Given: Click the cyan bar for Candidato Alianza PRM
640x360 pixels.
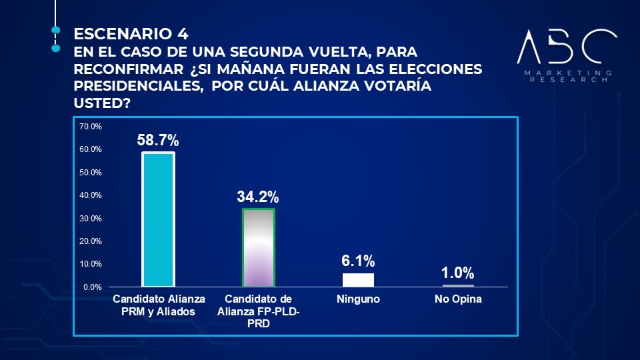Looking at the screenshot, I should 158,220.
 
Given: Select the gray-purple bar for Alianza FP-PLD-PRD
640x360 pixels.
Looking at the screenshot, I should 258,248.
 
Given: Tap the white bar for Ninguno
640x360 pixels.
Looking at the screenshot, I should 358,280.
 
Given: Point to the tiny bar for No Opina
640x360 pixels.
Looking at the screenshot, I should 458,285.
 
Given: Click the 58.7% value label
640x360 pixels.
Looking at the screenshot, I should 158,141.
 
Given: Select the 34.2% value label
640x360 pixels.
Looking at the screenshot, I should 258,197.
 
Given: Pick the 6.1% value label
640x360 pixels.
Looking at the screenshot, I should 358,261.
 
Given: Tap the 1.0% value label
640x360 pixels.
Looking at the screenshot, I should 458,273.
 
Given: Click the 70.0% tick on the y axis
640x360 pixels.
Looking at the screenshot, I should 91,127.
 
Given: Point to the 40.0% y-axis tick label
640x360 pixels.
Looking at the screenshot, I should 91,195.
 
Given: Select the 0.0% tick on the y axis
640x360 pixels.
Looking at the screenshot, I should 93,287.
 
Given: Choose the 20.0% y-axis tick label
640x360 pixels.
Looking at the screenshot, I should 91,241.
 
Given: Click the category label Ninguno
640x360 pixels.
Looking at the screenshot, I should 358,299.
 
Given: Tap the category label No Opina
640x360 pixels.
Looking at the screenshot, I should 458,299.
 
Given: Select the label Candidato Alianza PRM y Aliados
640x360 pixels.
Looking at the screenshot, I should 159,304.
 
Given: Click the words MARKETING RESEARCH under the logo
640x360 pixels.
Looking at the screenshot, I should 567,75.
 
